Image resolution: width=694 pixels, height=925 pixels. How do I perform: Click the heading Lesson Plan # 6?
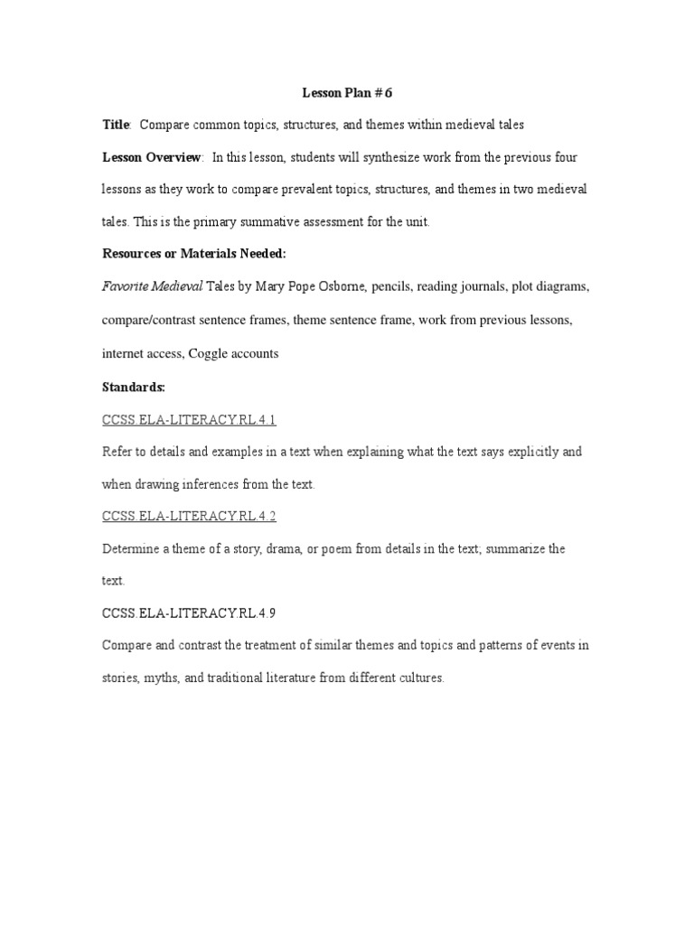tap(347, 93)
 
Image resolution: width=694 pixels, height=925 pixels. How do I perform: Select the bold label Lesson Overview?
tap(151, 157)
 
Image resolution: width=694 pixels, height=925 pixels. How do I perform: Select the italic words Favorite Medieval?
tap(152, 288)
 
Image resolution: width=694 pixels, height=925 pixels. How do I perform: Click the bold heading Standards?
tap(133, 387)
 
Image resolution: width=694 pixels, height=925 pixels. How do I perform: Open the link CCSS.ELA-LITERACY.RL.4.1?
tap(188, 419)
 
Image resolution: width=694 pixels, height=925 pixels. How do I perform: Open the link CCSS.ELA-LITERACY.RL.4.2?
tap(188, 517)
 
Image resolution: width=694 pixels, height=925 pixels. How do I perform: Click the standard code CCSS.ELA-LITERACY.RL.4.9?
tap(188, 612)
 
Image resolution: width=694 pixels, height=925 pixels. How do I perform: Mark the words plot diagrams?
tap(550, 288)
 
